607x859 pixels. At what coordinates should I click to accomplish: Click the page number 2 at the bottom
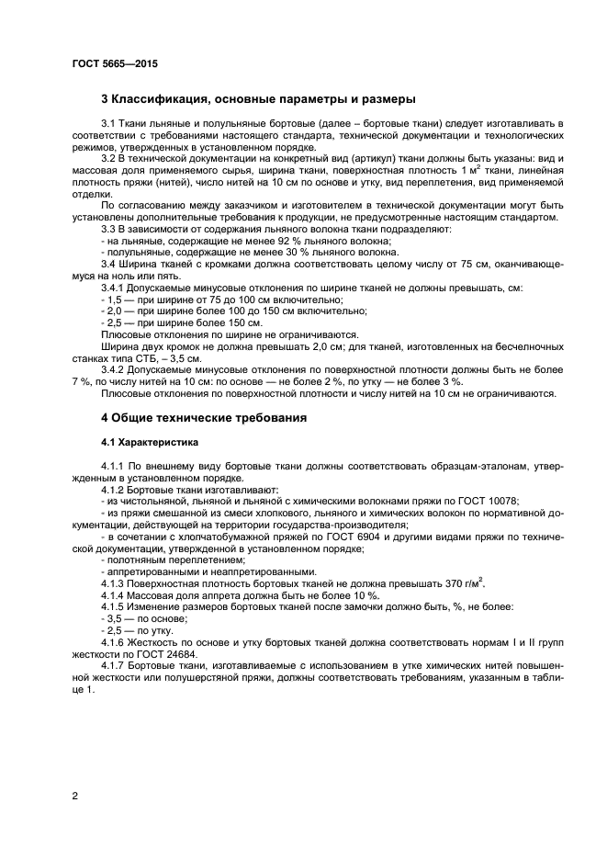point(75,796)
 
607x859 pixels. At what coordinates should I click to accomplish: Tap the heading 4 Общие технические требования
point(203,417)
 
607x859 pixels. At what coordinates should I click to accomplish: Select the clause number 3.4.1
point(114,288)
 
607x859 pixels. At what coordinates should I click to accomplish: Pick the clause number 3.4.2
point(114,369)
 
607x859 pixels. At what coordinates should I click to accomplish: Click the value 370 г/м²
point(465,583)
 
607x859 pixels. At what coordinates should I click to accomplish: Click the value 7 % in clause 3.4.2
point(80,381)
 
